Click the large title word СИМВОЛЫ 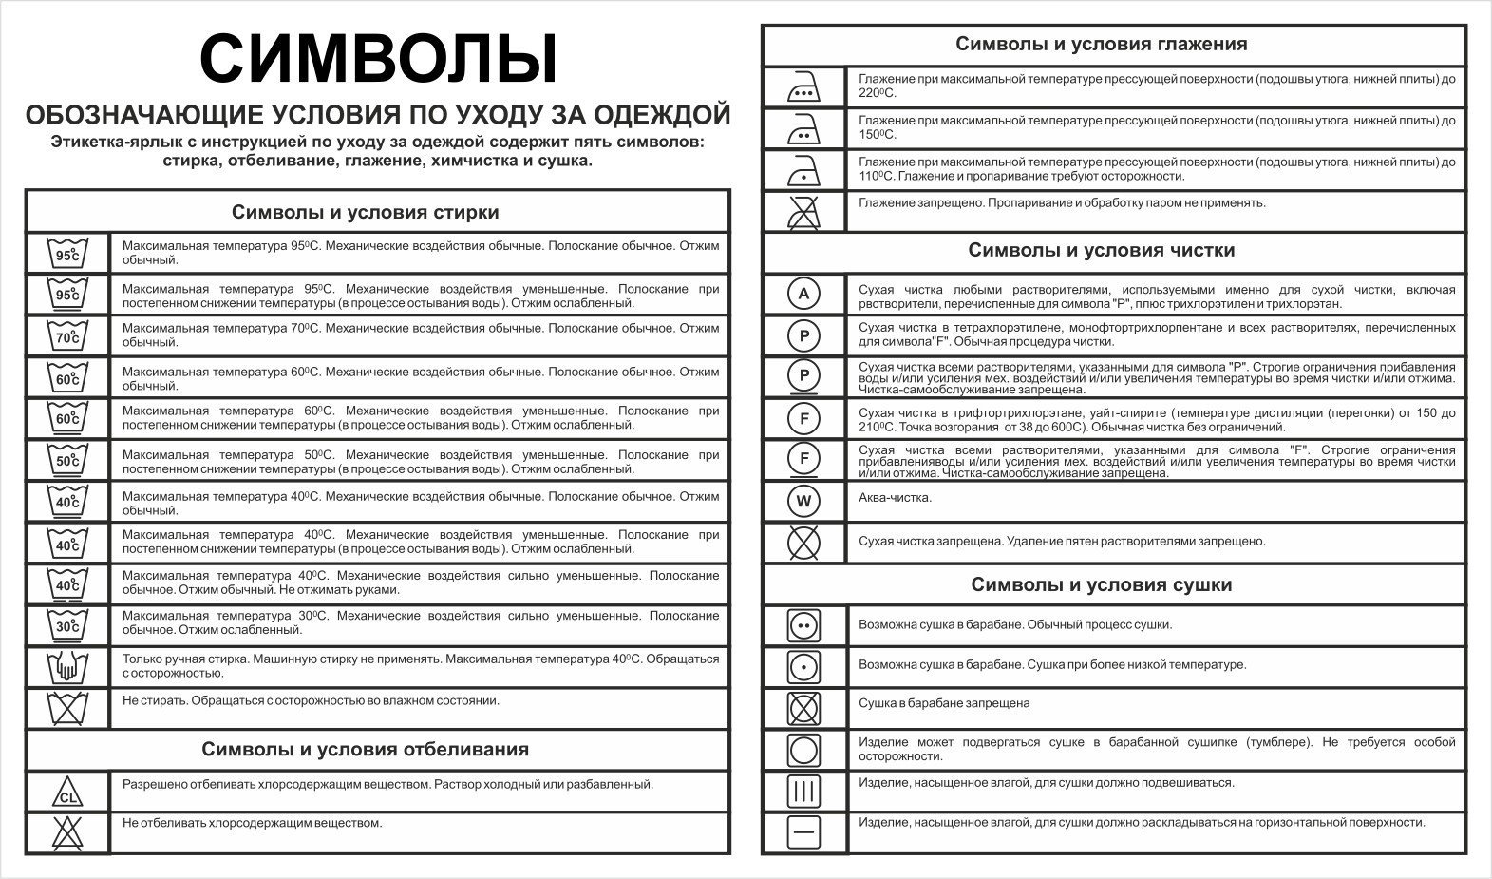[379, 60]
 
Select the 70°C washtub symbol [67, 335]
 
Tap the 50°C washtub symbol [67, 460]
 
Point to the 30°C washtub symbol [67, 625]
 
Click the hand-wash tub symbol [67, 667]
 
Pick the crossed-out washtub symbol [67, 708]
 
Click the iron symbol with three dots [803, 86]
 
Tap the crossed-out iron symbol [803, 211]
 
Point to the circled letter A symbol [803, 294]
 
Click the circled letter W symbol [803, 500]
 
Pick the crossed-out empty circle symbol [803, 542]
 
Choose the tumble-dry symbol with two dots [803, 626]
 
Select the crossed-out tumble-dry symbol [803, 708]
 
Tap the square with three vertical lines [803, 791]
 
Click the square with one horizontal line [803, 832]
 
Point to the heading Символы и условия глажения [1101, 44]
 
